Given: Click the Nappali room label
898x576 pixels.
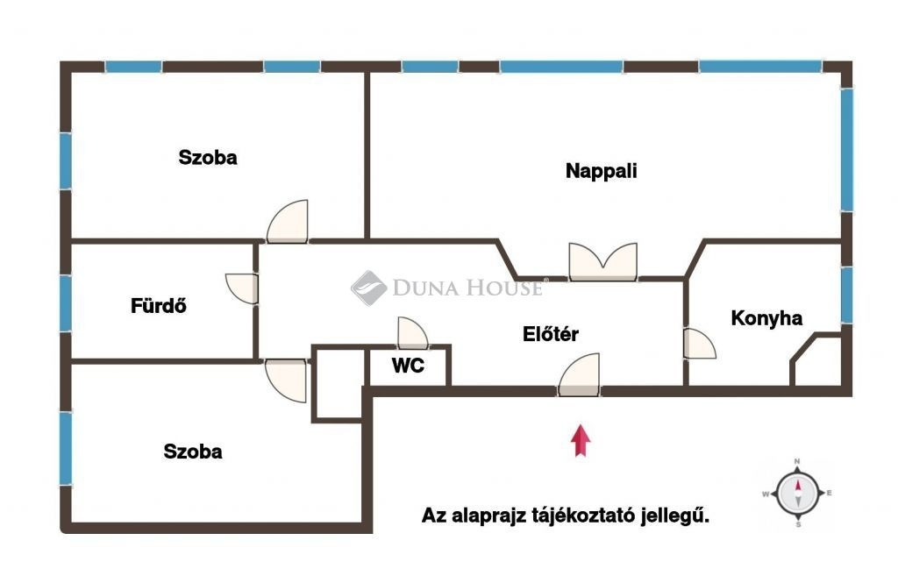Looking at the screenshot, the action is click(x=601, y=171).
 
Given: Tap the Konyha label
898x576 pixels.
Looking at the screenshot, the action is click(x=766, y=317).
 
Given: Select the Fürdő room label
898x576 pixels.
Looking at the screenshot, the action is click(x=159, y=305).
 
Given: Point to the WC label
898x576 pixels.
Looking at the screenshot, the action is click(x=408, y=365).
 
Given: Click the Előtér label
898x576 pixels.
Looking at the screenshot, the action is click(x=551, y=333).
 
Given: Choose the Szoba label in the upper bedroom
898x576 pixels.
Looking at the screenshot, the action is click(x=207, y=158).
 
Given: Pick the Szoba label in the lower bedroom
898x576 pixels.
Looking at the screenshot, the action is click(x=192, y=452).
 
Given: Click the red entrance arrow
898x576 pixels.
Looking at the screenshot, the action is click(x=581, y=440).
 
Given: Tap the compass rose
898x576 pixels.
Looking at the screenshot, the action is click(x=797, y=493).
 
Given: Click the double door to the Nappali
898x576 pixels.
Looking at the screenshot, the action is click(x=603, y=262).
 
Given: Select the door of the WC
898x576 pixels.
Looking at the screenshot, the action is click(x=412, y=332).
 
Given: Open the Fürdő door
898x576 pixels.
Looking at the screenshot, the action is click(x=241, y=288).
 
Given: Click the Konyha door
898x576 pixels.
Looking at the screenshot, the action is click(x=699, y=344).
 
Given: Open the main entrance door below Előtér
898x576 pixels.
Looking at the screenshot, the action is click(x=579, y=374).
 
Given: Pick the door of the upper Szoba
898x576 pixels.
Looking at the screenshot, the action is click(x=288, y=221).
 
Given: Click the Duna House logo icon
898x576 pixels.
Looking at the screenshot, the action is click(x=369, y=288).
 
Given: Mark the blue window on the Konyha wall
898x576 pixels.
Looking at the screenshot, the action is click(x=846, y=295).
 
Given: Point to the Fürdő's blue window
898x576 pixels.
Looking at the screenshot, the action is click(x=66, y=303).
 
